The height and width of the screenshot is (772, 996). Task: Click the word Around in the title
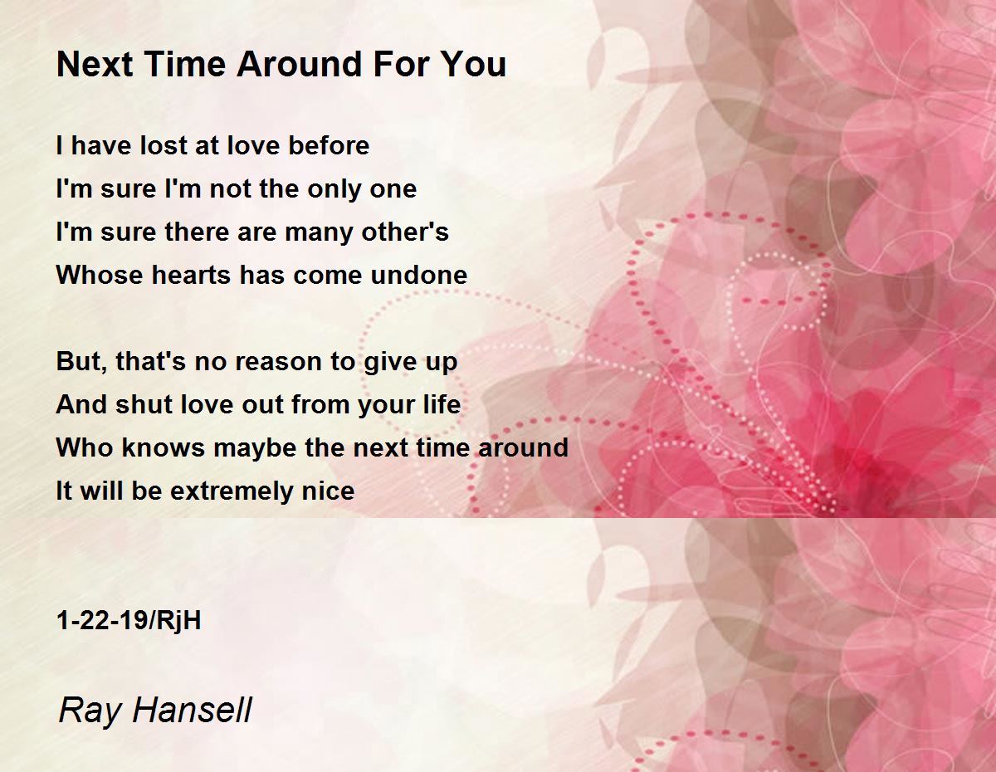coord(300,64)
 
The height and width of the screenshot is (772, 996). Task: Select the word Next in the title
coord(95,64)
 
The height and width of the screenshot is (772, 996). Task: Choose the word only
coord(334,190)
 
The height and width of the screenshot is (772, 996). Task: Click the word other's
coord(405,232)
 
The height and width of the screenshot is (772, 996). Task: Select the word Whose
coord(100,275)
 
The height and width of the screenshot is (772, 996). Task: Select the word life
coord(442,404)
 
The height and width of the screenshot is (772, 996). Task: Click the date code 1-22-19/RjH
coord(129,621)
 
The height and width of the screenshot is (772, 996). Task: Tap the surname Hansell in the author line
coord(193,710)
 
